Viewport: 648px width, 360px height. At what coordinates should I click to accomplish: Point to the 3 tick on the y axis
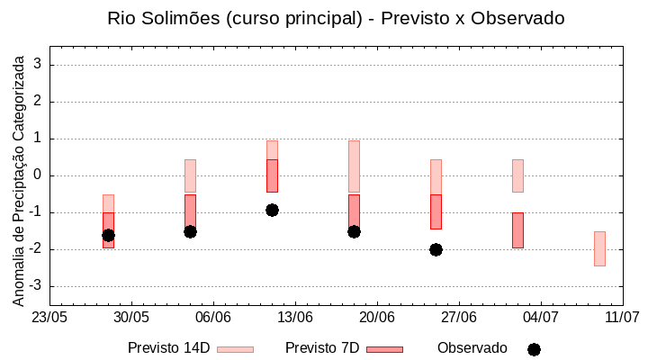coord(40,65)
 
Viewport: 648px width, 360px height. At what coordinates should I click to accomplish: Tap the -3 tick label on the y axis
coord(37,286)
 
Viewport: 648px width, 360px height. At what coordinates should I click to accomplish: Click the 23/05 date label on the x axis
coord(49,318)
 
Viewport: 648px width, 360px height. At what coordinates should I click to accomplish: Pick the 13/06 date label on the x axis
coord(294,318)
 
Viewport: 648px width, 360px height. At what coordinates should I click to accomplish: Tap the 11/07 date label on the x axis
coord(622,318)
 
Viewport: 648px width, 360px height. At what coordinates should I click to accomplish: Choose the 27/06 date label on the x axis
coord(458,318)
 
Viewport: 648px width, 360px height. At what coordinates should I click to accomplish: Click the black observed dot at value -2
coord(436,249)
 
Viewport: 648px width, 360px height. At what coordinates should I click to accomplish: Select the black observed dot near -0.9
coord(272,210)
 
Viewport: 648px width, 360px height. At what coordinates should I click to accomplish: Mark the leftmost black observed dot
coord(108,235)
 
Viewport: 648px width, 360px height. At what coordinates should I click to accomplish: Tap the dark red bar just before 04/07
coord(517,230)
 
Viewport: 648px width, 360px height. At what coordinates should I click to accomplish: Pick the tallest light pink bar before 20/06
coord(354,166)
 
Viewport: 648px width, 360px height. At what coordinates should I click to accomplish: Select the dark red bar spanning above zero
coord(272,175)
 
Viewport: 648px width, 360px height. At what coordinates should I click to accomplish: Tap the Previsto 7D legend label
coord(322,348)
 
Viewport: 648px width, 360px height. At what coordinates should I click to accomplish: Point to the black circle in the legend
coord(534,349)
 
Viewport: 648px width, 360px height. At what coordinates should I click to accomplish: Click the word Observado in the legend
coord(472,348)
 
